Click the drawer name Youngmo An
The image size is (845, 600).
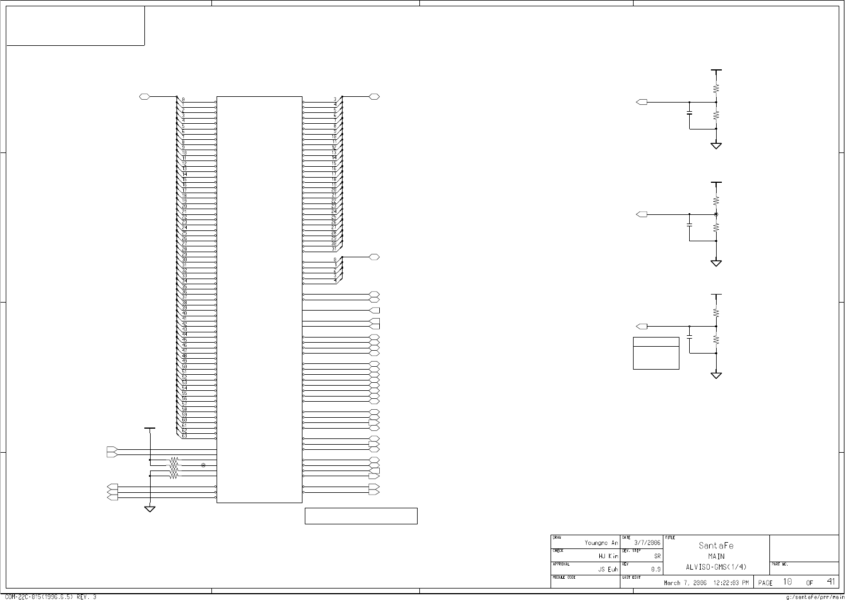[601, 543]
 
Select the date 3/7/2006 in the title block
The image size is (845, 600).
[647, 543]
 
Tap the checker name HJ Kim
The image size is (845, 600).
[608, 556]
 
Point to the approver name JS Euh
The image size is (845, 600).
[608, 569]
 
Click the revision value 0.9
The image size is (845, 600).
[655, 569]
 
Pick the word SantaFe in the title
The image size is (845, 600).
[716, 546]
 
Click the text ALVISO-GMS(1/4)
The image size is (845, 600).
[716, 567]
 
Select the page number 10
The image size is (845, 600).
[788, 582]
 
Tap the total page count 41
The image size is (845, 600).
[831, 582]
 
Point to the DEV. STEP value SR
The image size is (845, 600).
[658, 556]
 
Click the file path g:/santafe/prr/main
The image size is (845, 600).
[812, 597]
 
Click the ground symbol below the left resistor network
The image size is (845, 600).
[150, 509]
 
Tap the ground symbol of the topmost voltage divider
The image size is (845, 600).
[716, 146]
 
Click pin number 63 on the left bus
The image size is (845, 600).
[184, 436]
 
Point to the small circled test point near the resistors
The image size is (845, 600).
[203, 465]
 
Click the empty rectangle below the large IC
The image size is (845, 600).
[361, 516]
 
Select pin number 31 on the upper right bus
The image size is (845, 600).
[334, 249]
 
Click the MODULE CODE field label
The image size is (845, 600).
[564, 578]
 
